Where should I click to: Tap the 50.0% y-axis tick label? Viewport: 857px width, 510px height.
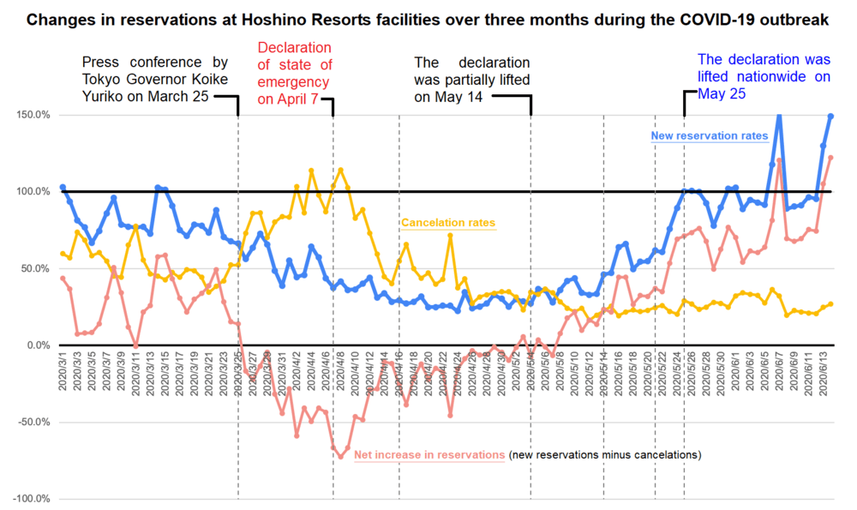tap(33, 268)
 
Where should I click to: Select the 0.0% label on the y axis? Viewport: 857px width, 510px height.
tap(35, 345)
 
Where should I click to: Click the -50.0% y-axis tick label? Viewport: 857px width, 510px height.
tap(31, 423)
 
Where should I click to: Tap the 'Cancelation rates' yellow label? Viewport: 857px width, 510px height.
tap(448, 223)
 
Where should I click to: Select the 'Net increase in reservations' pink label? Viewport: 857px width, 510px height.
tap(429, 453)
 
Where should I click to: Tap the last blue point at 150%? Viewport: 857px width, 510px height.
tap(831, 116)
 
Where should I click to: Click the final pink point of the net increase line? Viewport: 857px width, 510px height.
tap(831, 157)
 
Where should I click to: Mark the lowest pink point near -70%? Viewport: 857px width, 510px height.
tap(340, 456)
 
